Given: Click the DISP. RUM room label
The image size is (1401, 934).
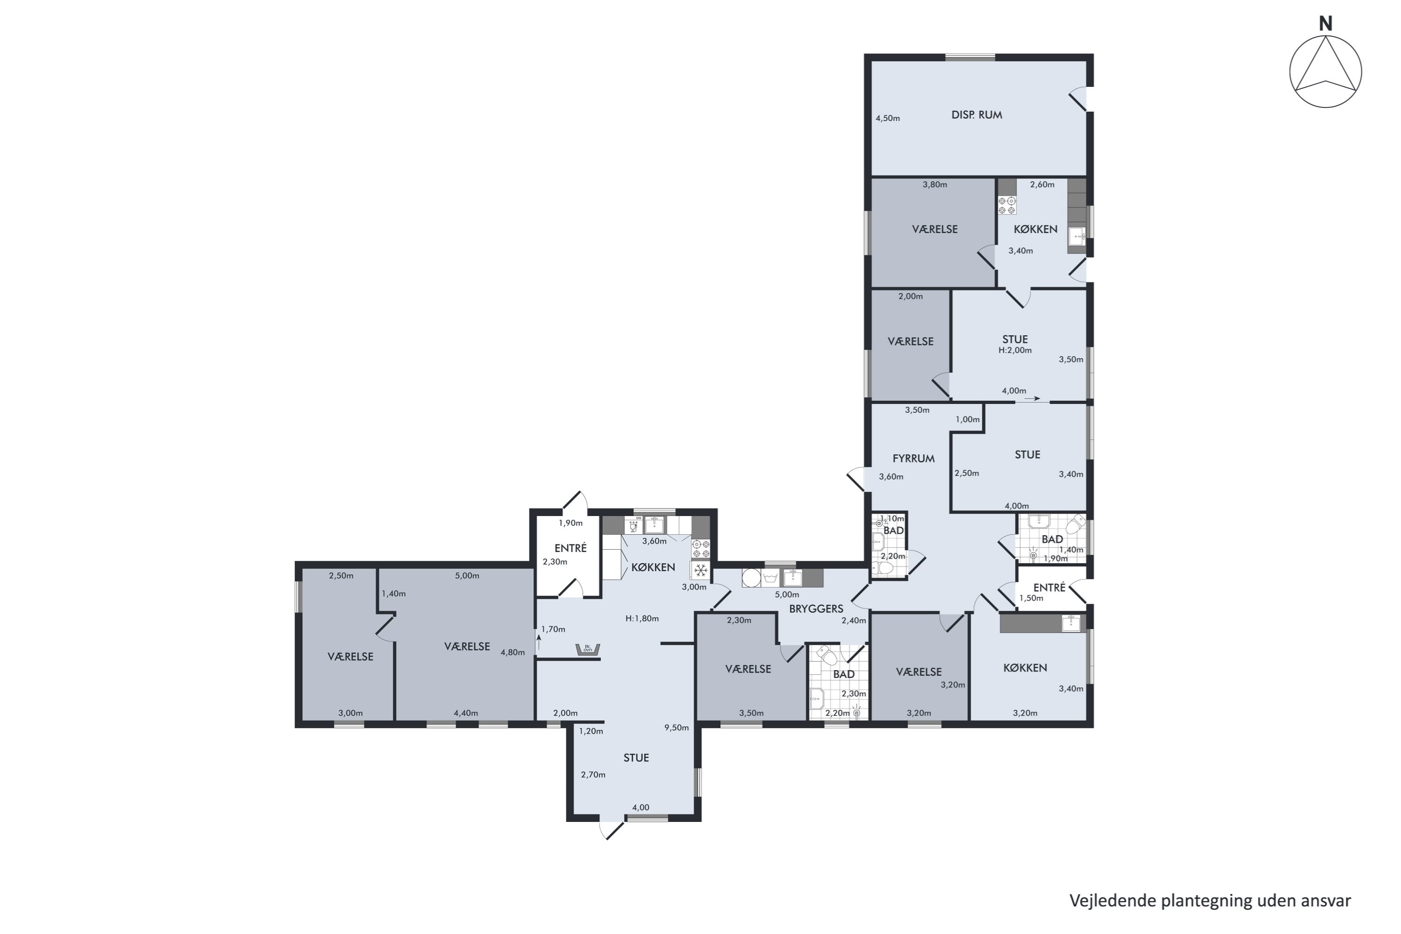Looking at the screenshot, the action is click(977, 115).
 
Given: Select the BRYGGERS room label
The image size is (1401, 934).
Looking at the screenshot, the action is click(816, 609).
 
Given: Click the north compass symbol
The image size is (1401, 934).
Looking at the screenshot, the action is click(1325, 71).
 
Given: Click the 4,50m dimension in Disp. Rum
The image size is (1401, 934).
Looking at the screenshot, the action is click(888, 118).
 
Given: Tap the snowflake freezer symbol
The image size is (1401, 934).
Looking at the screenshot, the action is click(700, 571).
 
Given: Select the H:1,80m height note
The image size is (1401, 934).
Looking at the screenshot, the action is click(642, 618).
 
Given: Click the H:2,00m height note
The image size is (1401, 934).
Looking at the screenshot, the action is click(1015, 350).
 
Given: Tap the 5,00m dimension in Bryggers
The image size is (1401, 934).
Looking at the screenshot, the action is click(787, 594).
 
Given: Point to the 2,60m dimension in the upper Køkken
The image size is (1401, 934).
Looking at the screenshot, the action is click(1042, 184).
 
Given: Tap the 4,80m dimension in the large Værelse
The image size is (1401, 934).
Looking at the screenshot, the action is click(512, 652).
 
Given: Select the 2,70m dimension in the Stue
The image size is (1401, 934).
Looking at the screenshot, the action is click(593, 774).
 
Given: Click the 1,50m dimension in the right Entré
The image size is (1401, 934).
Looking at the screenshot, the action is click(1031, 598).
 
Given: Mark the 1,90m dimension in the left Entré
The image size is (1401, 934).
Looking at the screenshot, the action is click(570, 523).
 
